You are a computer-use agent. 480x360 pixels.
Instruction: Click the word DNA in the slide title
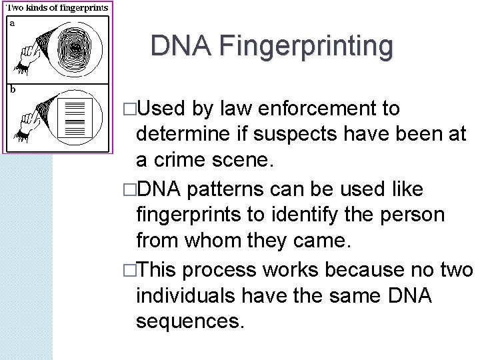click(180, 46)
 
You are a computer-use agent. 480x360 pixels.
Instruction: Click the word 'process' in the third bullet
click(219, 269)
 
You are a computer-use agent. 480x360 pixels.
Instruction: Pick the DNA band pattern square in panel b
click(75, 117)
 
